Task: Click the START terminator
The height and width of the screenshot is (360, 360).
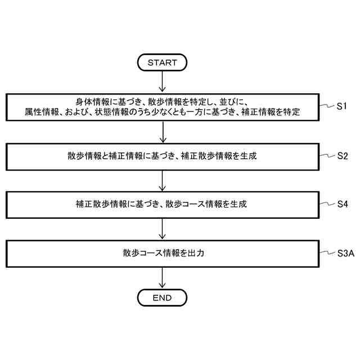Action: pyautogui.click(x=162, y=62)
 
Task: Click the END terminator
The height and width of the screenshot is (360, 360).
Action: pyautogui.click(x=162, y=297)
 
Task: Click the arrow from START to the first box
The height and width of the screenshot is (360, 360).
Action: pyautogui.click(x=162, y=81)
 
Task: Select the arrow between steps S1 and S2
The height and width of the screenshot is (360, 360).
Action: pyautogui.click(x=162, y=131)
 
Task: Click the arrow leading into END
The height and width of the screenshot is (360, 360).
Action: pyautogui.click(x=162, y=277)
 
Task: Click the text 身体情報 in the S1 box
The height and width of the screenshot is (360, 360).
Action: pyautogui.click(x=89, y=101)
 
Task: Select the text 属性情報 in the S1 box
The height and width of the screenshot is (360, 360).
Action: pyautogui.click(x=38, y=112)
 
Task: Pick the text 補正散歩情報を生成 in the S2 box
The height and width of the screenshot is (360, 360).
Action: pyautogui.click(x=219, y=156)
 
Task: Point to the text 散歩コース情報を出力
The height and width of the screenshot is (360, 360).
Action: pyautogui.click(x=162, y=253)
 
